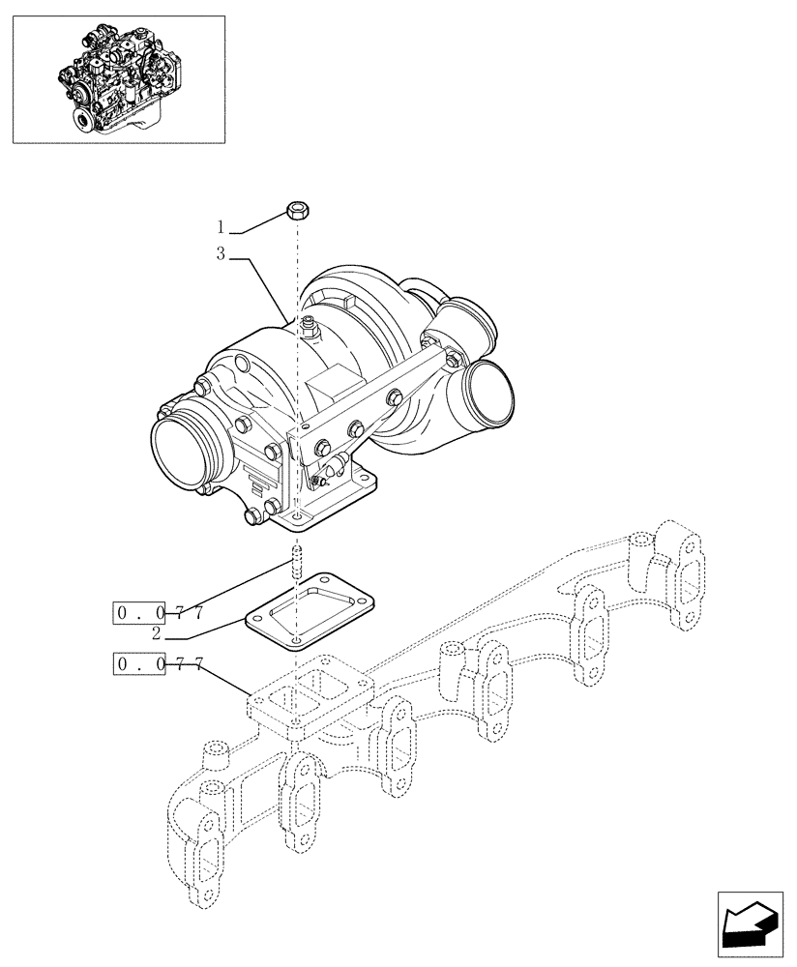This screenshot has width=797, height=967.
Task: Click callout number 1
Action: [x=221, y=228]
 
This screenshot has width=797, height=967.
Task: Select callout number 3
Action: [x=221, y=255]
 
